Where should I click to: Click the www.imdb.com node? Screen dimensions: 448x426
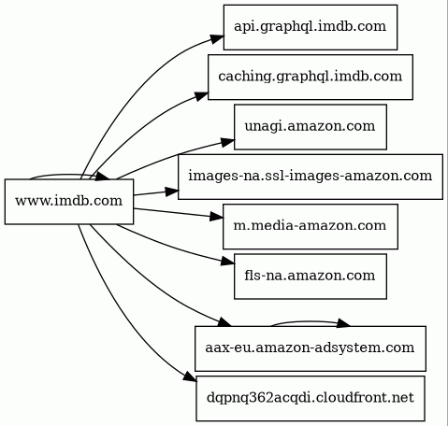click(x=69, y=202)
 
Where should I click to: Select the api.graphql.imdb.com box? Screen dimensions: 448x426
click(x=311, y=27)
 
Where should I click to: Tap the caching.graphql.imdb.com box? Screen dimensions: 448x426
click(x=311, y=77)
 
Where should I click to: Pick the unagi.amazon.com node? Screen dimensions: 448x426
click(x=311, y=127)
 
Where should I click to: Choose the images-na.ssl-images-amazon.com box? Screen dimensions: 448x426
click(x=311, y=177)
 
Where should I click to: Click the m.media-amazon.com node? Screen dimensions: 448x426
click(x=311, y=226)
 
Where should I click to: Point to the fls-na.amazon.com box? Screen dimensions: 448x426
click(x=311, y=277)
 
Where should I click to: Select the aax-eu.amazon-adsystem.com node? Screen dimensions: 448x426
click(x=311, y=348)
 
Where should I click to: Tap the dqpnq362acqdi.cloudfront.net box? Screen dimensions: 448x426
click(x=311, y=398)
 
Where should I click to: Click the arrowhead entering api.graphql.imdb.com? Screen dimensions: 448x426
click(x=217, y=39)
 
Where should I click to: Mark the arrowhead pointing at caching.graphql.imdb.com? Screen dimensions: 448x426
click(x=201, y=95)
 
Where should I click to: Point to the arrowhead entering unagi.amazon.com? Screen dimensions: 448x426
click(x=227, y=142)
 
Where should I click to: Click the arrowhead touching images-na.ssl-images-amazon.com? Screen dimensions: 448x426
click(x=171, y=192)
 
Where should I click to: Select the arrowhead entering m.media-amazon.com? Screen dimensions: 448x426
click(x=216, y=217)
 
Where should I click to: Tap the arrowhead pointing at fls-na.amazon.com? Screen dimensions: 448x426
click(x=227, y=261)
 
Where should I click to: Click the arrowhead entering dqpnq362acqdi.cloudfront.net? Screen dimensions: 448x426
click(x=190, y=376)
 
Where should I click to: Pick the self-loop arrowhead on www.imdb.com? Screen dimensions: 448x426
click(x=102, y=176)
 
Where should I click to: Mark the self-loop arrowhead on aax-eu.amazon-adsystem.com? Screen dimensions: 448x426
click(x=343, y=323)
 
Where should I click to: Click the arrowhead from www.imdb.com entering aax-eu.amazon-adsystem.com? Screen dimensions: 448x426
click(x=224, y=322)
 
